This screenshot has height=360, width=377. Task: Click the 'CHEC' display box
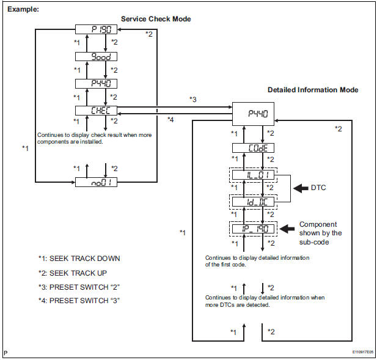click(96, 111)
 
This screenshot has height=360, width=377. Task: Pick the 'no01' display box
click(96, 182)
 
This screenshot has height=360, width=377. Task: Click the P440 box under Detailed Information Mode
click(252, 112)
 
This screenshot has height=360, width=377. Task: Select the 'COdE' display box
click(252, 149)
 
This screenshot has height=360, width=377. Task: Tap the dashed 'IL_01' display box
click(252, 175)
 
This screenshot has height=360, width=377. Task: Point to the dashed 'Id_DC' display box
click(252, 201)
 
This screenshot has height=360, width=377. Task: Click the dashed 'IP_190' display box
click(252, 228)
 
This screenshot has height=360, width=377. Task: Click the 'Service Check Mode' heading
click(156, 19)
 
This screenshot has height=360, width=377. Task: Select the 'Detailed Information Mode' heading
click(313, 90)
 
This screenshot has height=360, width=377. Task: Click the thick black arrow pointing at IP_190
click(288, 228)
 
